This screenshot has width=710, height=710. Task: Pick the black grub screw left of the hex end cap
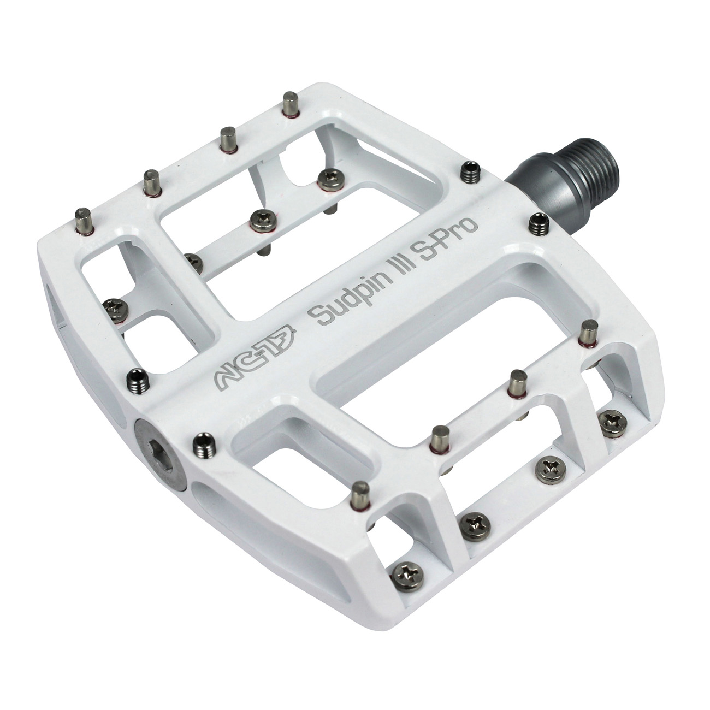point(138,378)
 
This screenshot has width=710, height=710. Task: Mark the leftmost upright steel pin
point(84,220)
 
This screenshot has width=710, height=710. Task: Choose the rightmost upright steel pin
point(589,333)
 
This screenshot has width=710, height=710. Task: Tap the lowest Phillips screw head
point(409,572)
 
